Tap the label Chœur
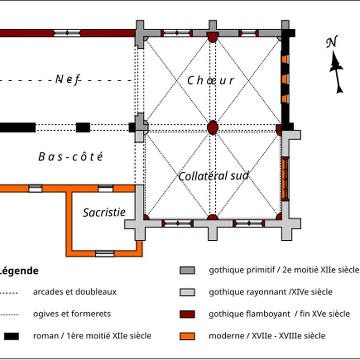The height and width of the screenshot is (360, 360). tap(211, 80)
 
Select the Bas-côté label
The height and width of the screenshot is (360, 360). tap(71, 157)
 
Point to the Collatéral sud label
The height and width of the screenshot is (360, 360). tap(213, 176)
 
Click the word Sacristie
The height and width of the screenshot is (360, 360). tap(104, 212)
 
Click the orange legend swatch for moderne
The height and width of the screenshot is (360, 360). tap(187, 336)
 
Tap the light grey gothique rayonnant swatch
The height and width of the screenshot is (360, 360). tap(187, 292)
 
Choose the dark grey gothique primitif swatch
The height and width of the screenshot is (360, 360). tap(187, 270)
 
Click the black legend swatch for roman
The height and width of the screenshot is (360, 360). tap(12, 336)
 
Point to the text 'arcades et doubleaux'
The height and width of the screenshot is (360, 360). tap(75, 292)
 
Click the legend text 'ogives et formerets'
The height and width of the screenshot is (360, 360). tap(71, 314)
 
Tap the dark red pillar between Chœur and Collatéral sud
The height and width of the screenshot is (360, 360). tap(212, 127)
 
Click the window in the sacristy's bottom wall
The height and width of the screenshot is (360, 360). tap(104, 253)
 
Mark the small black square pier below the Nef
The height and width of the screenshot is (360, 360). tap(83, 128)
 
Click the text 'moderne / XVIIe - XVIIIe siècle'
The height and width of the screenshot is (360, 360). tap(267, 336)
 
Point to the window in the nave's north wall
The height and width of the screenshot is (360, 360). tap(67, 33)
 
